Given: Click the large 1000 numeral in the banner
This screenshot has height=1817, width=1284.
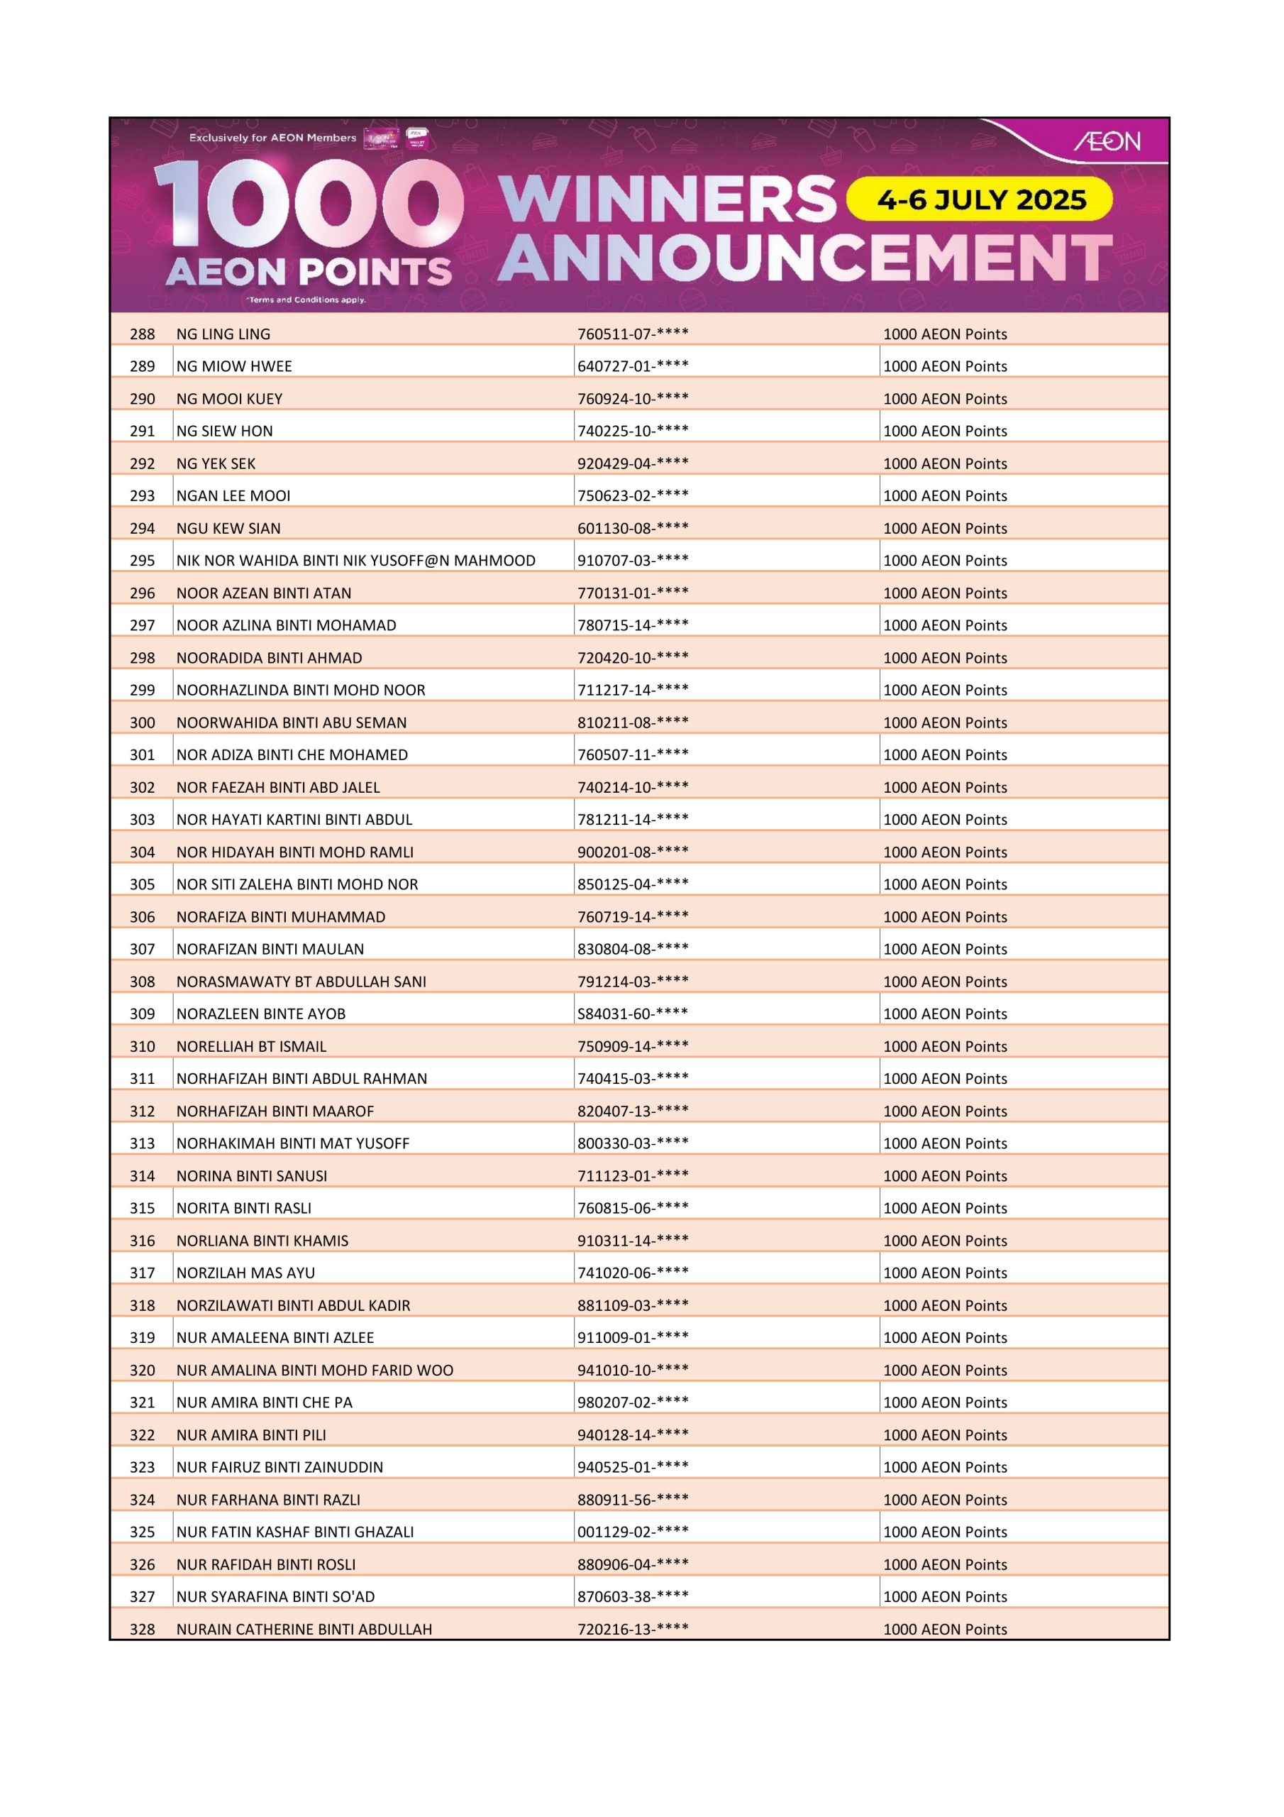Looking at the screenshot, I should coord(309,204).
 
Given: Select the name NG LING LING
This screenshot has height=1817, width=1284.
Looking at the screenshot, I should coord(223,334).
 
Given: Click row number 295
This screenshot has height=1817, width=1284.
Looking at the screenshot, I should coord(143,560).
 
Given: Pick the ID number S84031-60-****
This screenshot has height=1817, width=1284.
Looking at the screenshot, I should coord(632,1013).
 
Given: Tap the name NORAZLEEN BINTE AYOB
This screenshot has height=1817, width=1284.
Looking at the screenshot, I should coord(260,1013).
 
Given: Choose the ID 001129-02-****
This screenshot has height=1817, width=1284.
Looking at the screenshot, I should coord(632,1531).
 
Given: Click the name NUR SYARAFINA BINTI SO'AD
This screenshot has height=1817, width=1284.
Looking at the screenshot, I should coord(275,1596).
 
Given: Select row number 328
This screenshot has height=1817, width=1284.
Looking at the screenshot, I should coord(143,1629).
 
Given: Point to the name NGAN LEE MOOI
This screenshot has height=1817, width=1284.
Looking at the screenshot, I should coord(233,495).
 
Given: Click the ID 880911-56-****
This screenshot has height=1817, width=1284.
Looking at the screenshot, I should coord(632,1499).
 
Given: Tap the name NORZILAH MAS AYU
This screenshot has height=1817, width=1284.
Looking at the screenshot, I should coord(245,1273).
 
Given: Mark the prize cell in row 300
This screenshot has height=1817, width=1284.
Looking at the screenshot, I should coord(945,723).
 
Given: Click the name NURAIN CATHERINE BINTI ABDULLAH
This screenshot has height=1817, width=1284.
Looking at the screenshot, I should coord(304,1629).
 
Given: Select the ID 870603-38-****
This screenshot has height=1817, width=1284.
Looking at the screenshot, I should coord(632,1596).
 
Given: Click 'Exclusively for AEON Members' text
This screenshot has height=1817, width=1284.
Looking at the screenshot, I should coord(272,138).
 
